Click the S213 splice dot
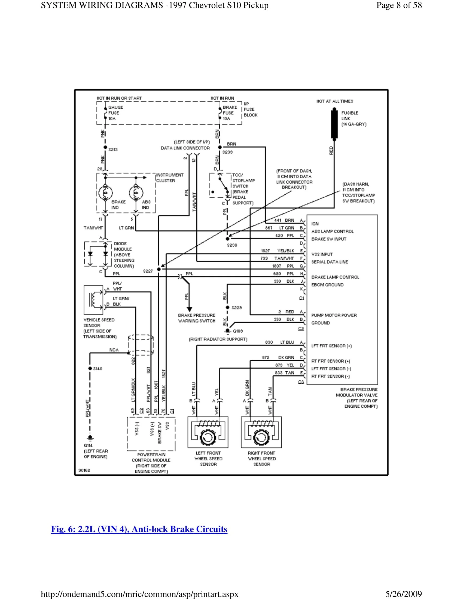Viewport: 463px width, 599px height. [105, 147]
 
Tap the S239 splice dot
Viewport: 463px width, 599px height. [220, 147]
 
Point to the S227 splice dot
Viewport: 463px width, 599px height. [159, 269]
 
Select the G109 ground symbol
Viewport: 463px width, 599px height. [228, 331]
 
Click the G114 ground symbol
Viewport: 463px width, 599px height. [90, 438]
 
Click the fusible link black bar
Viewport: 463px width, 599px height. [334, 124]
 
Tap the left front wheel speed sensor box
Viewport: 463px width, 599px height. [208, 432]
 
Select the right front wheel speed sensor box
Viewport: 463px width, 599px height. [261, 432]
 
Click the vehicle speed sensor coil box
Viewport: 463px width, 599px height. [93, 300]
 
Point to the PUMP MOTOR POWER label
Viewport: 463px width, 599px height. [334, 315]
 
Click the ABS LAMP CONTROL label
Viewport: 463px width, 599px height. [332, 231]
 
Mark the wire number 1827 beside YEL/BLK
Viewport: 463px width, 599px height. [265, 251]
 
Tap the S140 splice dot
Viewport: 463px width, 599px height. [90, 368]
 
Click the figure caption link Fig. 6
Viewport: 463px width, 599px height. [139, 529]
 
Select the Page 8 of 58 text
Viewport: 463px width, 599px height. [399, 5]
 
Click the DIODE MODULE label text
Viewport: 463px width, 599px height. [123, 246]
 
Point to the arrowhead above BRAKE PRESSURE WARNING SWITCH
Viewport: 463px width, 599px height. [189, 309]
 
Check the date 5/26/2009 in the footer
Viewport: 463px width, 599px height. [403, 594]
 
